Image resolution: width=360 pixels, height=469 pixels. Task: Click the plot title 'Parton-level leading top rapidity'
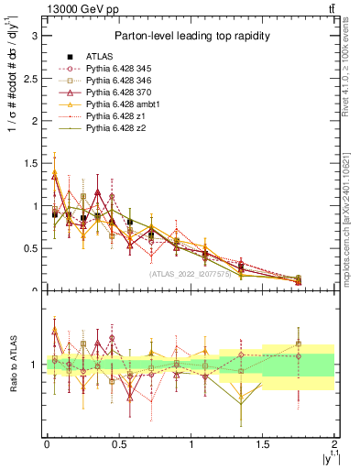coord(191,36)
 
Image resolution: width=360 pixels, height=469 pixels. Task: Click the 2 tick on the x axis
coord(334,443)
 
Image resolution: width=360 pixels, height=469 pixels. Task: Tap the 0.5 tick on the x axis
coord(118,443)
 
